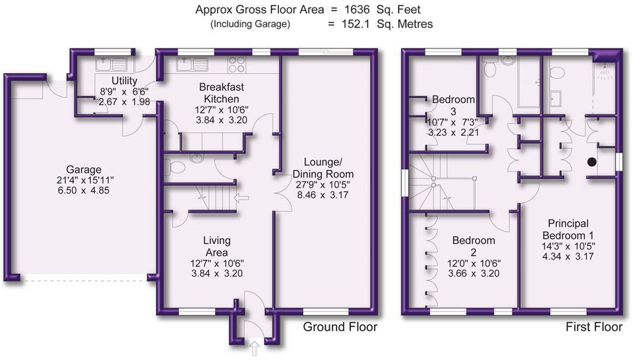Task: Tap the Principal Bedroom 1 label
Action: [x=568, y=229]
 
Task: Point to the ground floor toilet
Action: [x=175, y=168]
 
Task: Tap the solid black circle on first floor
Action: [x=592, y=162]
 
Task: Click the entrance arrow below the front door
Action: [x=255, y=349]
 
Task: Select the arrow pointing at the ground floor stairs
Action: [x=241, y=198]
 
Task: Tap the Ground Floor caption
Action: [x=340, y=327]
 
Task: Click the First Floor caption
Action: [x=594, y=327]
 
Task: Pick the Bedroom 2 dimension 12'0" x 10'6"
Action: [x=473, y=263]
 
